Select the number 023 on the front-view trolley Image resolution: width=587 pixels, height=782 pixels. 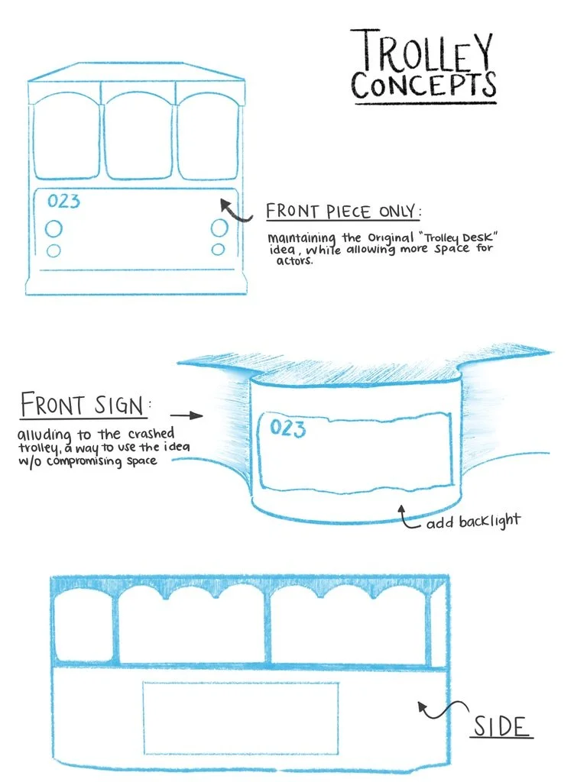[x=63, y=202]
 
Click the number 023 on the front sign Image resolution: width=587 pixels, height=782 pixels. [x=287, y=428]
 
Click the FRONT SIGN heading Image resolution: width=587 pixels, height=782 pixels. [x=82, y=405]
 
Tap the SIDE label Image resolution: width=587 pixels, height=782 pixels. [x=501, y=726]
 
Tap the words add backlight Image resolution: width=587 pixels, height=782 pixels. [x=473, y=522]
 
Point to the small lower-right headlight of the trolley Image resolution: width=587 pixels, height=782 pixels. [x=219, y=250]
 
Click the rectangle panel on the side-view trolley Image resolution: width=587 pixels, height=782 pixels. [x=241, y=718]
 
